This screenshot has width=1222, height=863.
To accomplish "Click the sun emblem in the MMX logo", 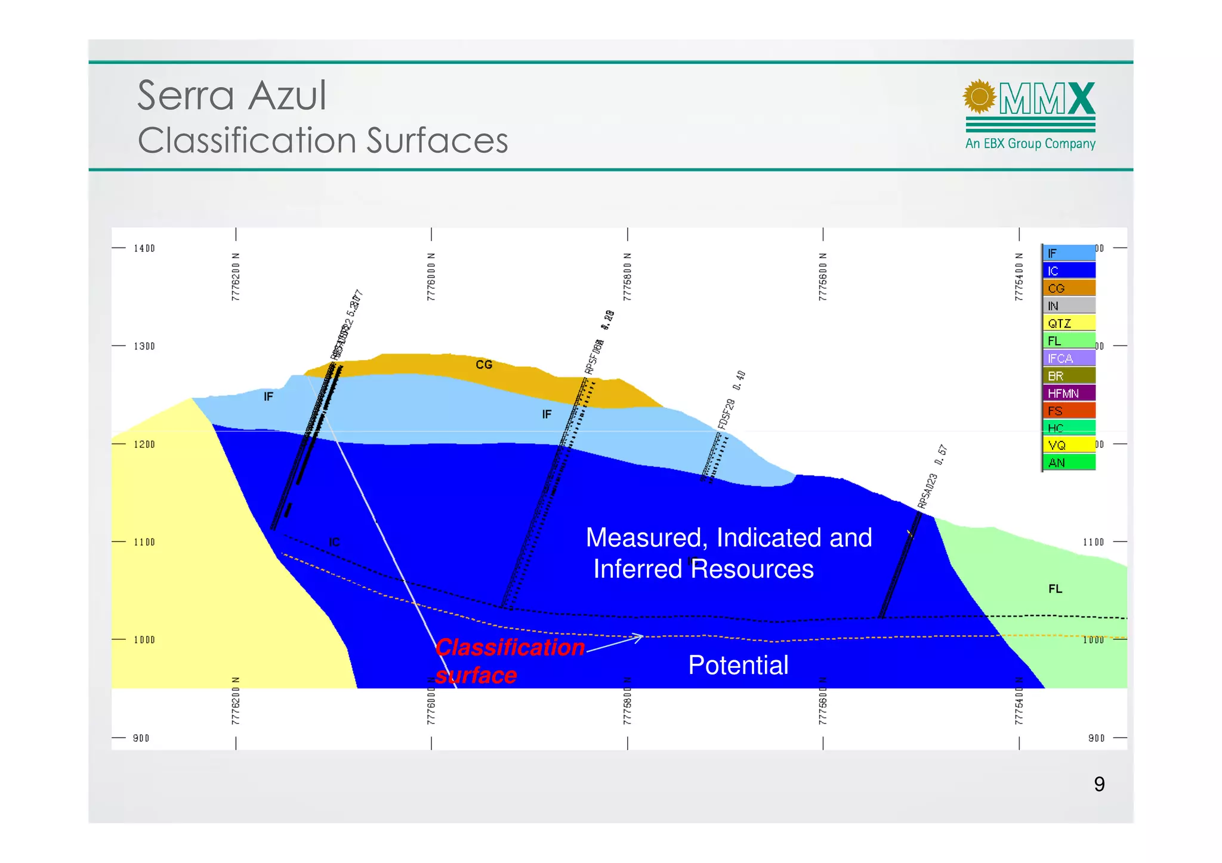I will (x=979, y=97).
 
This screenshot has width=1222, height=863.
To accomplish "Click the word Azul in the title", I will (x=287, y=96).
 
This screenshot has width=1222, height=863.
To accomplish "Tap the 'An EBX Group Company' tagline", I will (x=1030, y=144).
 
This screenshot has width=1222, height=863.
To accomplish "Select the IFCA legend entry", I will (x=1068, y=358).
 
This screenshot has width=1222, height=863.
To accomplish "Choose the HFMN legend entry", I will (x=1068, y=394).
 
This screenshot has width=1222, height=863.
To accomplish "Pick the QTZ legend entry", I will (x=1068, y=323).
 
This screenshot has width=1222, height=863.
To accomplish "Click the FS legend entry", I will (x=1068, y=411).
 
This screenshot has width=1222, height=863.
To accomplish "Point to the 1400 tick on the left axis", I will (x=144, y=248).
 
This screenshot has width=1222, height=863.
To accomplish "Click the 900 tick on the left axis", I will (x=141, y=738).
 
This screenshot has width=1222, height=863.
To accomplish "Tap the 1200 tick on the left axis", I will (x=144, y=444).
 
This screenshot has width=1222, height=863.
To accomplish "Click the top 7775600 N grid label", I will (x=823, y=277).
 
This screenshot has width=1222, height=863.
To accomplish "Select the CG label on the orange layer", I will (x=484, y=364).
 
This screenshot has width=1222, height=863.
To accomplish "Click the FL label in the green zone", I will (x=1055, y=589).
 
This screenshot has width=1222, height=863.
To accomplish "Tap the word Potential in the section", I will (x=738, y=665).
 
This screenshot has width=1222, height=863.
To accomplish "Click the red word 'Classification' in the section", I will (x=510, y=648).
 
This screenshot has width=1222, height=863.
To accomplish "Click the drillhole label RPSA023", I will (x=928, y=491).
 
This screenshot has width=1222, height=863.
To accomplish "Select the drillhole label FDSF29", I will (x=726, y=414).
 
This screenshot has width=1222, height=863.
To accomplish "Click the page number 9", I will (x=1099, y=784).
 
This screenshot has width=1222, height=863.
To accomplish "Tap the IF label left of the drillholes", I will (x=269, y=397).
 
